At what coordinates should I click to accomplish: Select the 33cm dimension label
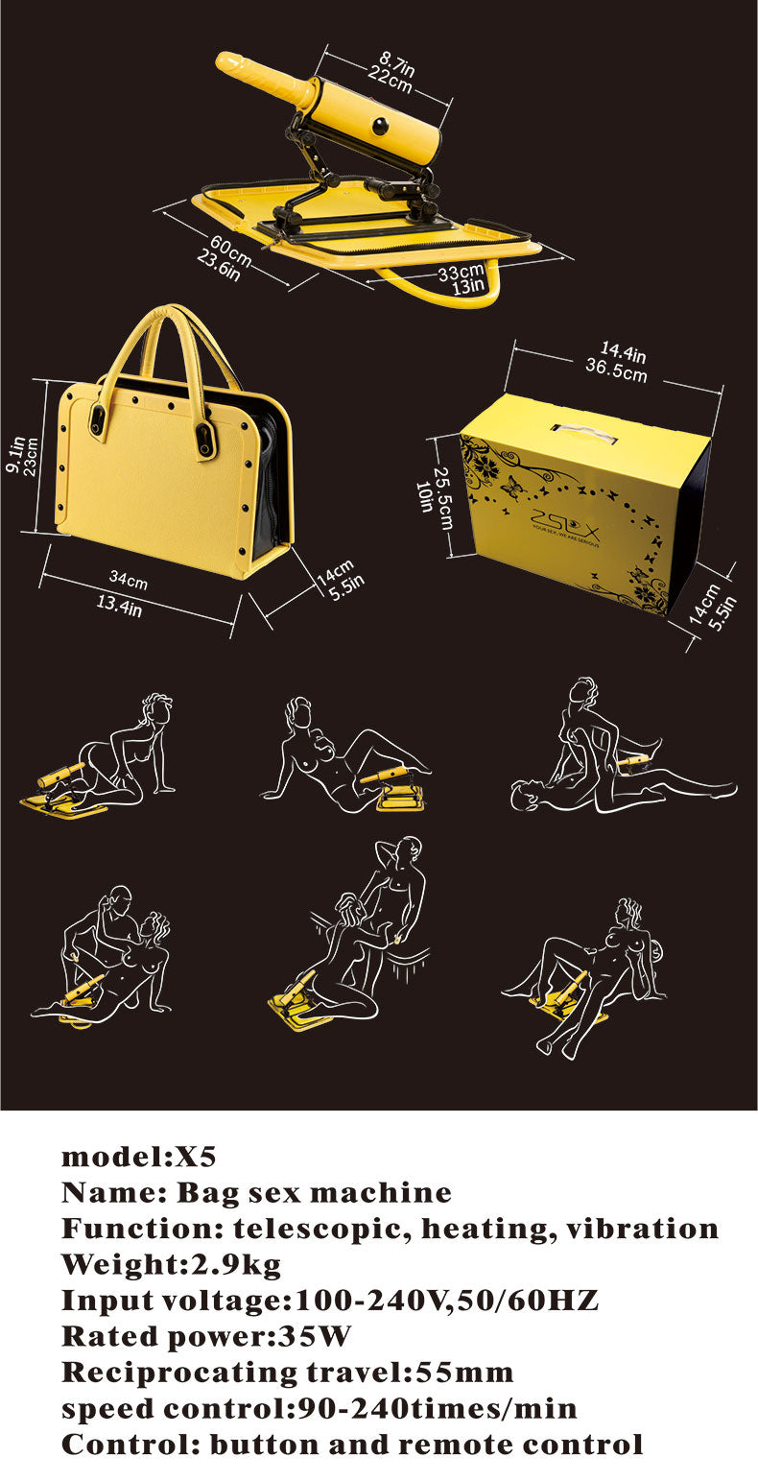tap(460, 272)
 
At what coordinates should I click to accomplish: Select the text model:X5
tap(132, 1156)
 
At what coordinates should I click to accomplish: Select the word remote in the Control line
tap(464, 1444)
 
